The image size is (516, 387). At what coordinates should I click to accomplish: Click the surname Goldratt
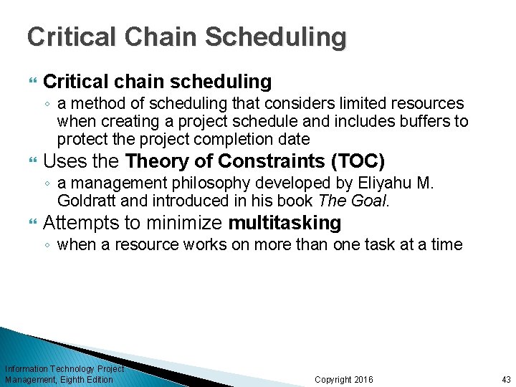(85, 200)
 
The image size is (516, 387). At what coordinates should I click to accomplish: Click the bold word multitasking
(285, 223)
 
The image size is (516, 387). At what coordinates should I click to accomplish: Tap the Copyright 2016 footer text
(343, 379)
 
